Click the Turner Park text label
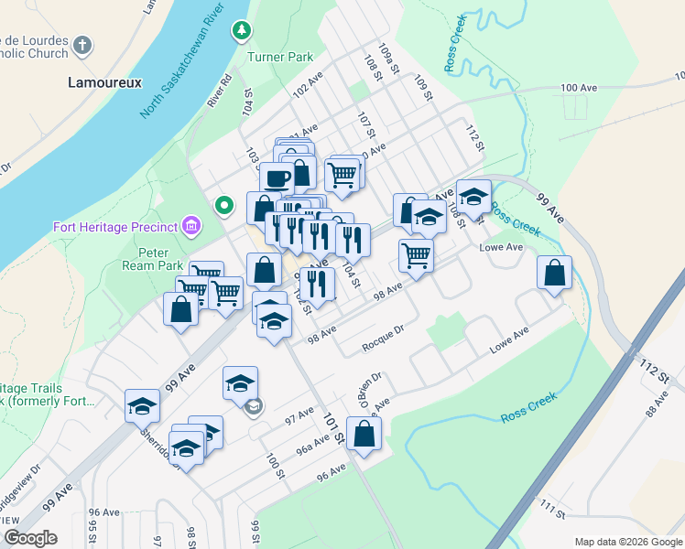point(280,57)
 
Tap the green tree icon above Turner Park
point(242,32)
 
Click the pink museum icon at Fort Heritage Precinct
point(191,225)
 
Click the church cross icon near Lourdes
point(82,45)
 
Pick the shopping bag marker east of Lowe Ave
point(554,272)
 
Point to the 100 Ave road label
point(578,88)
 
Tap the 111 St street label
point(552,510)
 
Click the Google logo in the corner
point(31,538)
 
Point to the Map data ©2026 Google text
point(627,542)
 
